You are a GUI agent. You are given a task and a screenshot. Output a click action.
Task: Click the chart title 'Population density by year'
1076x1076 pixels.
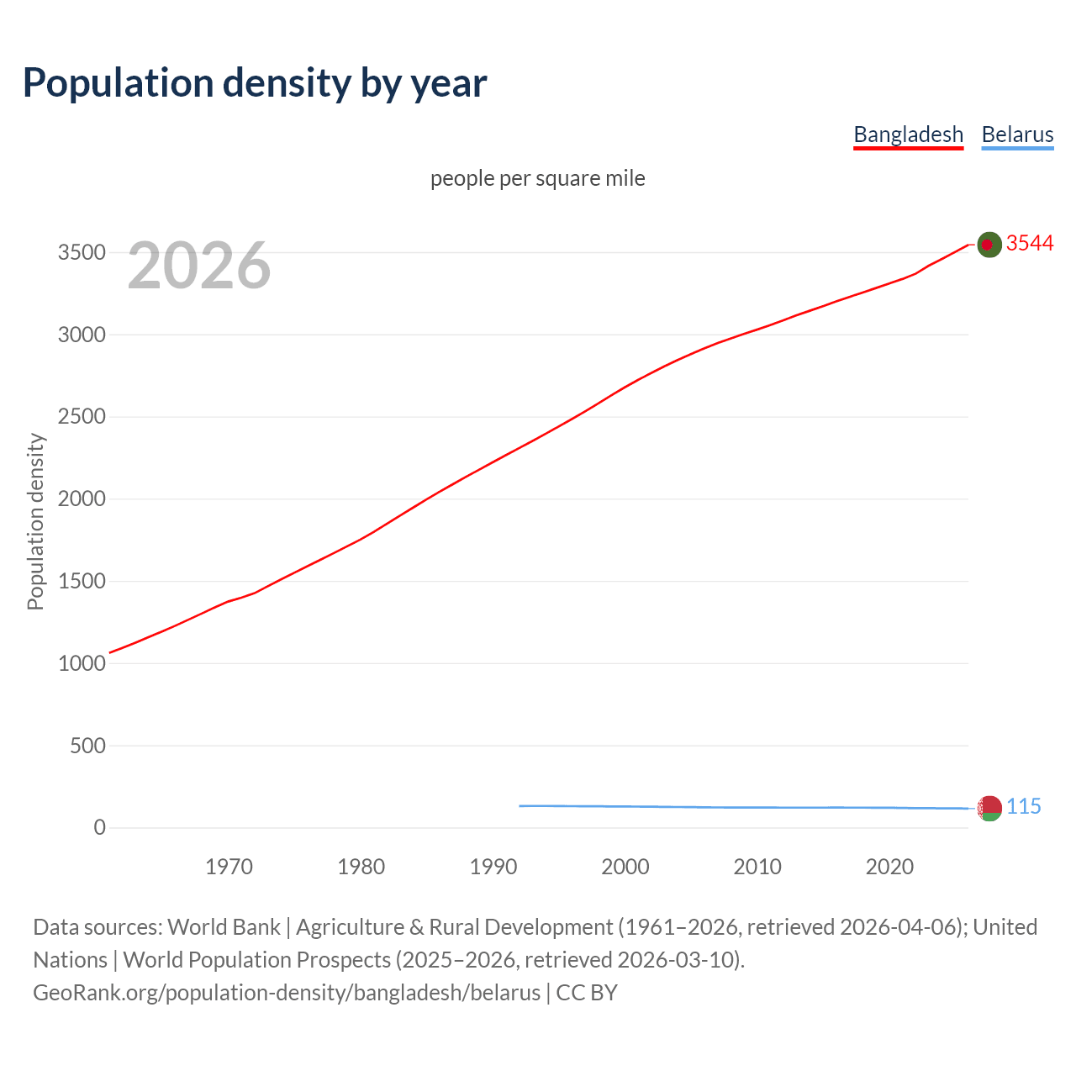(x=254, y=83)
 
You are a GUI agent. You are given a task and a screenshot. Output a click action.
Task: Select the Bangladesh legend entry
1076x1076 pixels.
(x=908, y=134)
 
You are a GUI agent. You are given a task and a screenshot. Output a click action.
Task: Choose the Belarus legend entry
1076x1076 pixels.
(x=1017, y=134)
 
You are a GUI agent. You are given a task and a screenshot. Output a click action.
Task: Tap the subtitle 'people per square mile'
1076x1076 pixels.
(x=537, y=178)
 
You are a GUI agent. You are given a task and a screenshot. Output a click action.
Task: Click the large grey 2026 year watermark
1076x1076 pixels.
(x=199, y=266)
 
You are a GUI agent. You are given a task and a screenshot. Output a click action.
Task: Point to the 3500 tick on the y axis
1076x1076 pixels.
(x=82, y=253)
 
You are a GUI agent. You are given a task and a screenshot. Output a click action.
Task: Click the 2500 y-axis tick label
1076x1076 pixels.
(x=82, y=417)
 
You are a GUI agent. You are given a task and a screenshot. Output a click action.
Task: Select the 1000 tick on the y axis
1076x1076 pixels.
(x=82, y=663)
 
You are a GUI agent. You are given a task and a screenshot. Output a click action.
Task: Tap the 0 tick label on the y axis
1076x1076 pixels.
(x=100, y=828)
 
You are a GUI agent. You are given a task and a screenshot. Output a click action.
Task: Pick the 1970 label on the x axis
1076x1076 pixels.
(x=229, y=867)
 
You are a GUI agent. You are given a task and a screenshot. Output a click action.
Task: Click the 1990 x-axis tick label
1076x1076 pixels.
(x=493, y=867)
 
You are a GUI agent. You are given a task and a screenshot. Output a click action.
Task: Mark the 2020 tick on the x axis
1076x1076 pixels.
(x=889, y=867)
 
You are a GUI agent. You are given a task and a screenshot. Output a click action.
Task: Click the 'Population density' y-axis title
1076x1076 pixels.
(x=35, y=521)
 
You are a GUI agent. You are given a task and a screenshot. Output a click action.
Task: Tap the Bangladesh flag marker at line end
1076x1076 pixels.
(x=989, y=245)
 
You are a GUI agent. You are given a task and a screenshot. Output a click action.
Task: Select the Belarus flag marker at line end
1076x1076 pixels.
(x=989, y=808)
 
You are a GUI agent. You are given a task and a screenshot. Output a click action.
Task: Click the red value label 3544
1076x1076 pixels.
(x=1030, y=243)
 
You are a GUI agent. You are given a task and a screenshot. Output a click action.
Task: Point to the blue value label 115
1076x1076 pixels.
(x=1024, y=806)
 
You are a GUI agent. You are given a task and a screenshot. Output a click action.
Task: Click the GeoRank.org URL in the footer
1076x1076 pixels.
(x=286, y=993)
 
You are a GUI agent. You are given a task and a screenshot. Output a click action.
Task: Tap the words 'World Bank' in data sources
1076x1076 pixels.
(x=224, y=927)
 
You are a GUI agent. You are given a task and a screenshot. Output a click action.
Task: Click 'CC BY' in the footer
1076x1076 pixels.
(x=587, y=993)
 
